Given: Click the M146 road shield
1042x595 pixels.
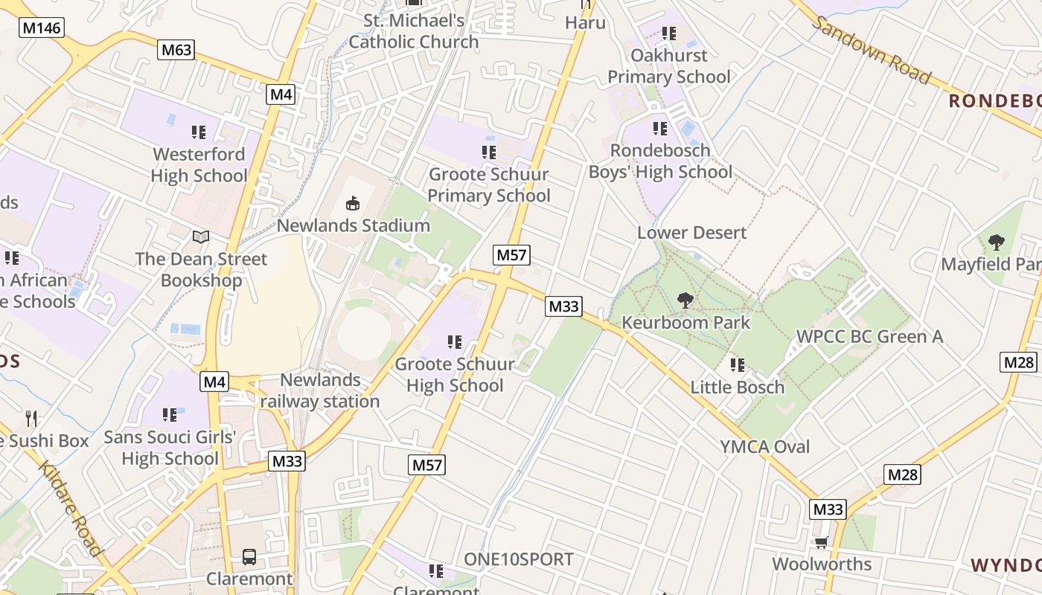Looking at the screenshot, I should tap(42, 28).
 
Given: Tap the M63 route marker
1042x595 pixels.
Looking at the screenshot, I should tap(176, 50).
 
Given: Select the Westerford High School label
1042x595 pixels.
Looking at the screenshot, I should tap(199, 165).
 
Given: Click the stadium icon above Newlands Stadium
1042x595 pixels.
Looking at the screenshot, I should tap(353, 202).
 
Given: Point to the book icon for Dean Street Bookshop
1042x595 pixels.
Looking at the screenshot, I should tap(201, 237).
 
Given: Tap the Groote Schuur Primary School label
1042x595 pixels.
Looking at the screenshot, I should tap(489, 185).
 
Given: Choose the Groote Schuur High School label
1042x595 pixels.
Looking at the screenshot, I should tap(455, 375).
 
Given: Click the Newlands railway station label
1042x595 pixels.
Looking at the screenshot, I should tap(320, 390).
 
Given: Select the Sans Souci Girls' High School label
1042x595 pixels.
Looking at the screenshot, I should tap(170, 448).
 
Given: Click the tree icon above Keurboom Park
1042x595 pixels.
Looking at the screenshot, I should tap(685, 300).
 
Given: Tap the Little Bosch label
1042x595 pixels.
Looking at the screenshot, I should tap(738, 387).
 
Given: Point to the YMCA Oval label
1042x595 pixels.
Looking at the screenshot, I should tap(764, 446).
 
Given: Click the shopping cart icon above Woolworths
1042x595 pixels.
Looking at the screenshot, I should tap(821, 542).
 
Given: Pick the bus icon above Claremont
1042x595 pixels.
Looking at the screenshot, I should tap(249, 556).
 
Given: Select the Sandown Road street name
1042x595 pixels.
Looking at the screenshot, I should tap(871, 50).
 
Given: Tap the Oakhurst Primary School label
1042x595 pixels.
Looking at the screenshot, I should tap(669, 65).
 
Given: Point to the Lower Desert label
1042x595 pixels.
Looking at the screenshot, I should tap(691, 233).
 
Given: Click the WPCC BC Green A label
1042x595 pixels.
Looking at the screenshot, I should tap(869, 336).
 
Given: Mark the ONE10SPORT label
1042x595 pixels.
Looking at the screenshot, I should tap(519, 559).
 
